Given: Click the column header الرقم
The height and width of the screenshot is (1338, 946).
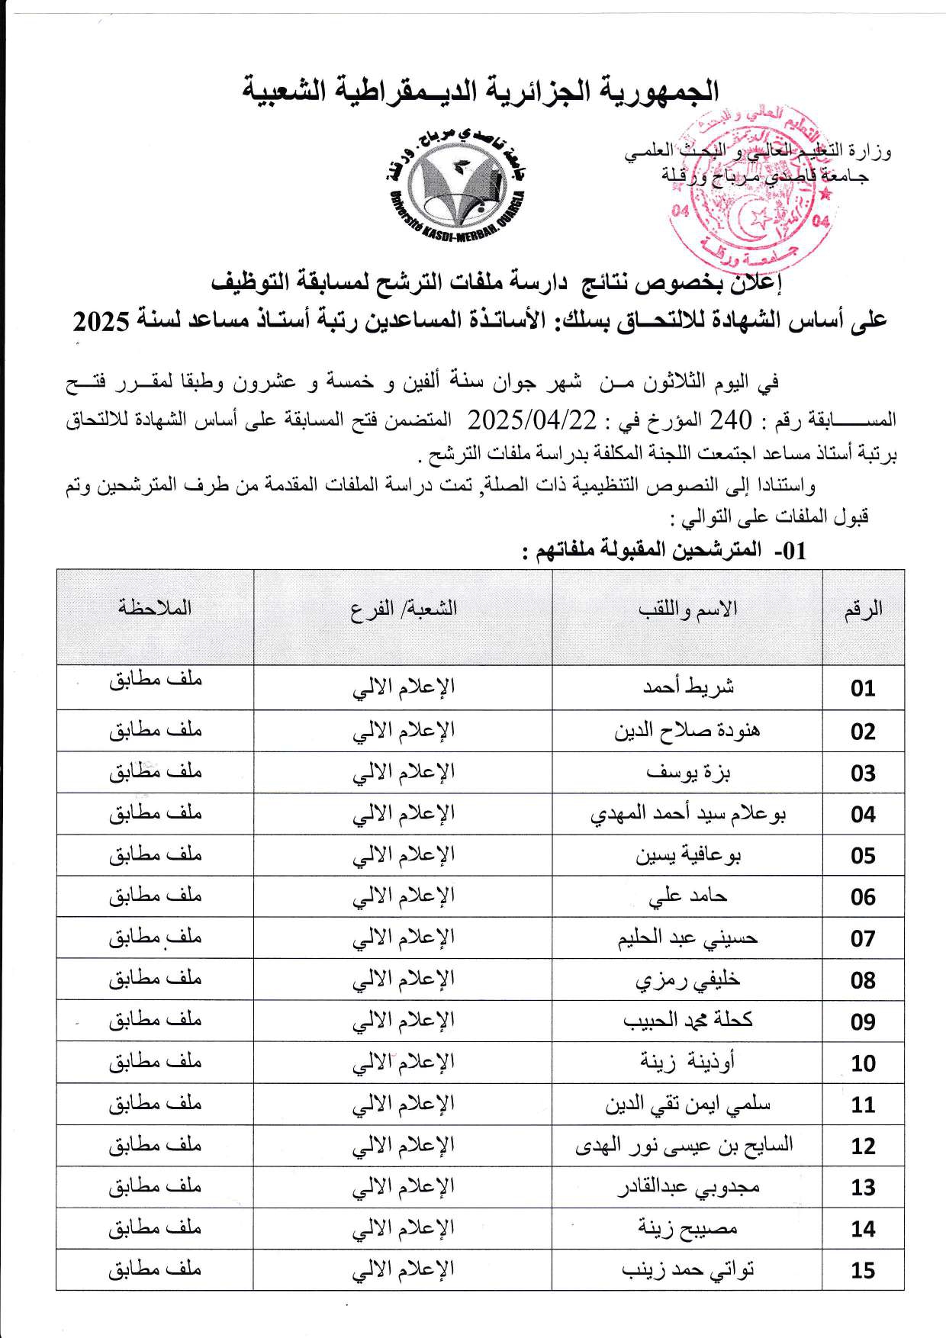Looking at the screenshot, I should point(864,609).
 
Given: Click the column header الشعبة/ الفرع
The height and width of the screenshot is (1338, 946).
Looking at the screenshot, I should point(404,609).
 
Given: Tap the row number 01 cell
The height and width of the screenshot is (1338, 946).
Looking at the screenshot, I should point(863,688).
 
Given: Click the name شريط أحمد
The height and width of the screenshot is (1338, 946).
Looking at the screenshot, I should point(688,687).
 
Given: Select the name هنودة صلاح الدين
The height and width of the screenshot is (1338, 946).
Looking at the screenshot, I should point(687,730).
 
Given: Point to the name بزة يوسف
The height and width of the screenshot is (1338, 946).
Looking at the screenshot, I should point(688,772).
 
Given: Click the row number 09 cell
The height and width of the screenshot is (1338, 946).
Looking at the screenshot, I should point(863,1021).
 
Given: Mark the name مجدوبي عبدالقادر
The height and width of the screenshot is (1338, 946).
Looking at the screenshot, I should point(687,1187).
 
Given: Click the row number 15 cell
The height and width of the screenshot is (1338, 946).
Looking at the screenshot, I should point(863,1270).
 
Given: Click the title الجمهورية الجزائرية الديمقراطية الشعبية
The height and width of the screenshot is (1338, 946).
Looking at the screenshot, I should point(481,90).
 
